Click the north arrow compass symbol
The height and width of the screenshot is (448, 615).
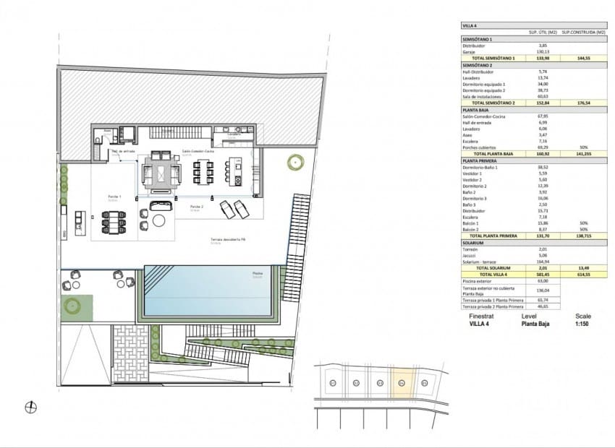coord(31,408)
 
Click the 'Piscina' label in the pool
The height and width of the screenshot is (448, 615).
coord(258,274)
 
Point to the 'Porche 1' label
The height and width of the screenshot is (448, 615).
coord(115,196)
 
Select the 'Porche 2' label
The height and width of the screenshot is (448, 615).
coord(195,207)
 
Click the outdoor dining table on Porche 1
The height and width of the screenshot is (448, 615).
coord(115,220)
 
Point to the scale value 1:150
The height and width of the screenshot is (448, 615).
coord(583,324)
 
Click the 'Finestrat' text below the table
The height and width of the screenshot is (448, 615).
coord(482,316)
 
